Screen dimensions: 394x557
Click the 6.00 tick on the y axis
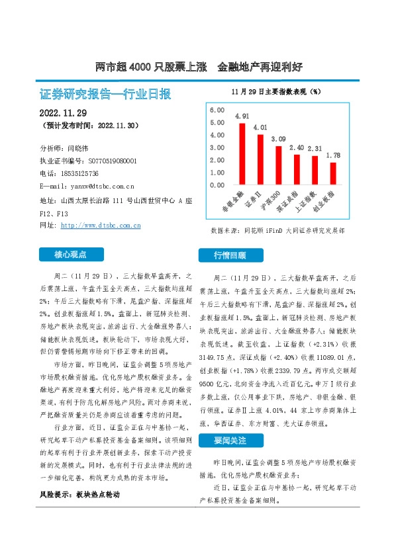point(216,109)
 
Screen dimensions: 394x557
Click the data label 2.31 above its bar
point(315,149)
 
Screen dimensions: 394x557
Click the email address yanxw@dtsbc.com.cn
point(97,186)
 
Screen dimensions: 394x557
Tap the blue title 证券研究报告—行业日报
point(105,94)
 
